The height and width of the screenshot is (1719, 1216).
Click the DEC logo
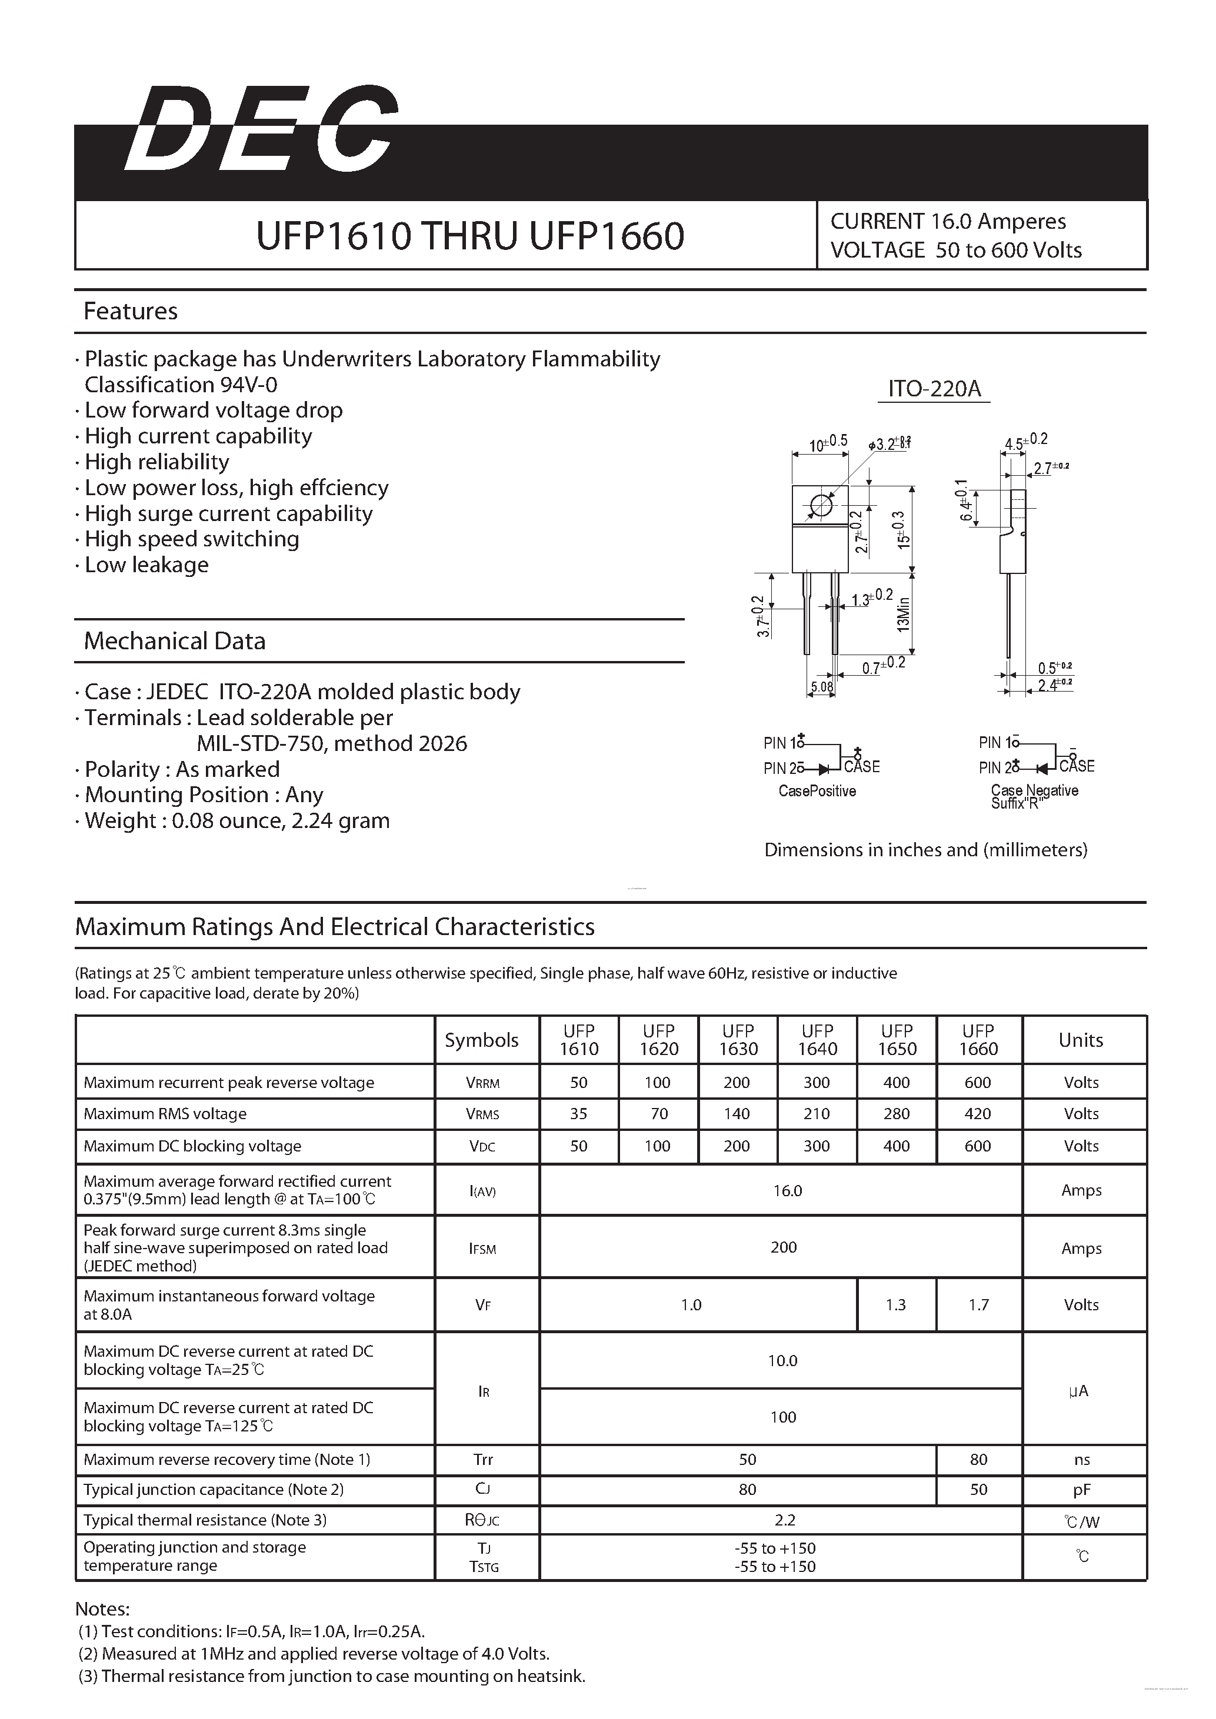[260, 129]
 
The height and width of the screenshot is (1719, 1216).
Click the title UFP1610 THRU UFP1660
[469, 236]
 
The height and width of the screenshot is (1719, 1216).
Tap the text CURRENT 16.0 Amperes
[947, 222]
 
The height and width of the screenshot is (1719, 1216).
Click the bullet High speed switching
[192, 539]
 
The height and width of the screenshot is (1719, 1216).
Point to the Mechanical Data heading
[175, 641]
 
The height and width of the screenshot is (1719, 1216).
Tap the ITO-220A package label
[934, 389]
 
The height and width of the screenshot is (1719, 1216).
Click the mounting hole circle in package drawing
[821, 506]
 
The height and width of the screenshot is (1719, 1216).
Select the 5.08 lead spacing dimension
[821, 686]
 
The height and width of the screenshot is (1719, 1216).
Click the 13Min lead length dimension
[904, 614]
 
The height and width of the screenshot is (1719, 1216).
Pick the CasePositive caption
[817, 792]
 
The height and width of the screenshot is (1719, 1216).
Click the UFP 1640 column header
[817, 1040]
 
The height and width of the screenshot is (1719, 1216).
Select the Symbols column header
[481, 1040]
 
